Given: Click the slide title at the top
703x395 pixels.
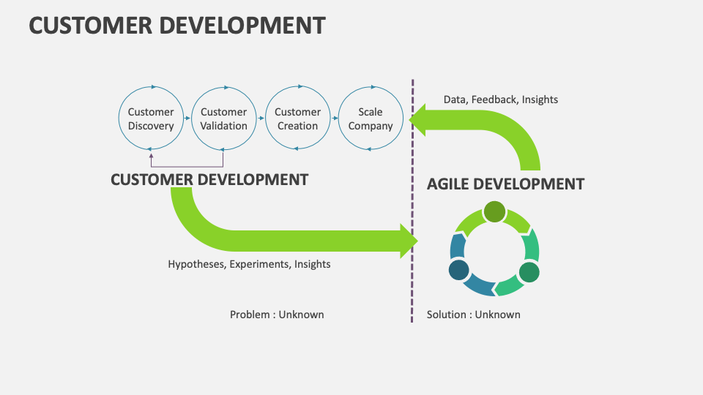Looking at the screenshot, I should tap(176, 25).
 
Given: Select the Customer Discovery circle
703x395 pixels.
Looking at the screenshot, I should tap(151, 118).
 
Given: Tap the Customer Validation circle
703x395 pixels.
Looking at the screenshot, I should tap(223, 118).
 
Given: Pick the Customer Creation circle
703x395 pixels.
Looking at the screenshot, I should tap(297, 118).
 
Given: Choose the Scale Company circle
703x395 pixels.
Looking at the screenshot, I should tap(371, 118).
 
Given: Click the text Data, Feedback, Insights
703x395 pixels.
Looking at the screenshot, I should tap(500, 99).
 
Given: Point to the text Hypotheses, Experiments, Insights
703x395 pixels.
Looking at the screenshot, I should tap(249, 264).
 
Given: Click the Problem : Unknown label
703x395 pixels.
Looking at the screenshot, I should tap(277, 315).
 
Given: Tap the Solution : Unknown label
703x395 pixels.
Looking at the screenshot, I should tap(473, 315).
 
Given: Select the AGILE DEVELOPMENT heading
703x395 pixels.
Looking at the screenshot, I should tap(505, 184).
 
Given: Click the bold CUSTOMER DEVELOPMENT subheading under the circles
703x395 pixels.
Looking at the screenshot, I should tap(209, 179).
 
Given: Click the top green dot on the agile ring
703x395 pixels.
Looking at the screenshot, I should tap(494, 211).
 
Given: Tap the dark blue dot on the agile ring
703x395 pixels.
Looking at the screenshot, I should tap(459, 271).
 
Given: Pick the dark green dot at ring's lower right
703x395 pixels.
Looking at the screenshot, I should tap(529, 272).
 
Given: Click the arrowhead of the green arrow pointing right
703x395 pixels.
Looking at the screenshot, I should tap(408, 241).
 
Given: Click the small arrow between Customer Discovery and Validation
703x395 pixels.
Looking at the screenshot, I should tap(187, 118).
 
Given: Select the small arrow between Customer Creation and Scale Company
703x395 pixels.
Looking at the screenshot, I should tap(334, 118).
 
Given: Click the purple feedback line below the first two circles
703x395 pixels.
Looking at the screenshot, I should tap(187, 168).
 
